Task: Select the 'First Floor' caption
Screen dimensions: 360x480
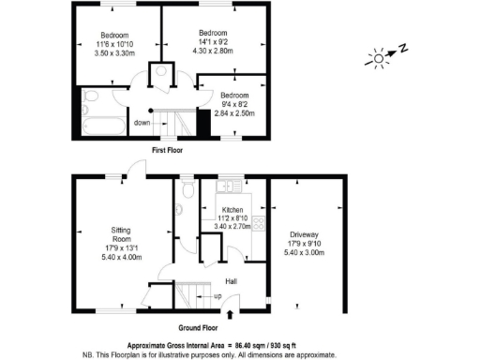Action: (167, 149)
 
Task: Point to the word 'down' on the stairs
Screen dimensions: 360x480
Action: (142, 122)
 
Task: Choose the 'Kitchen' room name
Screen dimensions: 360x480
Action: (232, 210)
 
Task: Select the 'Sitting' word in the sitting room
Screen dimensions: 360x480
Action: (122, 230)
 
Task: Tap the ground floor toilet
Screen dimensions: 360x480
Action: (189, 191)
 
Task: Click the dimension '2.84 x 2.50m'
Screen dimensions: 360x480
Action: (234, 113)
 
